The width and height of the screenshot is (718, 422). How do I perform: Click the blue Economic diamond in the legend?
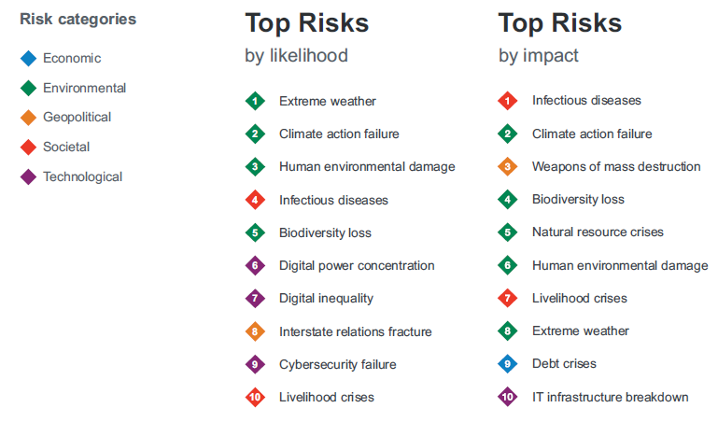click(x=28, y=58)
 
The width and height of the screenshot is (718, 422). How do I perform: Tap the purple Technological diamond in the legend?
click(x=28, y=176)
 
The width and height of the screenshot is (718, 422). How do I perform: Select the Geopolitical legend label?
click(x=77, y=118)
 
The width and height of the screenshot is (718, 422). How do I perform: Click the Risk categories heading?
click(x=77, y=20)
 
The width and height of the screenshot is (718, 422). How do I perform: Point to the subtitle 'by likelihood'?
click(x=296, y=55)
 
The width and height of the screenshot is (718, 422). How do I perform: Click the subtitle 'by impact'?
click(x=539, y=56)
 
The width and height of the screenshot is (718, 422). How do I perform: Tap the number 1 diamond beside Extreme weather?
click(x=255, y=101)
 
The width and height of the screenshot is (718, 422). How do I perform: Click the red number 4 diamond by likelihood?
click(x=255, y=200)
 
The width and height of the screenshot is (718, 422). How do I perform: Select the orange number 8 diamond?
click(x=255, y=331)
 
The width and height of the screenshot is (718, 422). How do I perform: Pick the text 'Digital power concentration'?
click(x=357, y=265)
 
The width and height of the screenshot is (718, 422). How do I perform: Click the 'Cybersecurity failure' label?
click(x=337, y=364)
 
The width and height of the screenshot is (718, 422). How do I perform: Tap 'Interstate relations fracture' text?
click(x=356, y=331)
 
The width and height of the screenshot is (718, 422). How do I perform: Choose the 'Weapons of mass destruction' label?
click(x=616, y=166)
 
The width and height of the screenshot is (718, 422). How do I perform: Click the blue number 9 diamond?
click(x=507, y=364)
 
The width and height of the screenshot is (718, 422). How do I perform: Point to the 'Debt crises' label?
click(x=564, y=363)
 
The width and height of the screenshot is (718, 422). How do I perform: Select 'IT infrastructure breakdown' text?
click(x=610, y=397)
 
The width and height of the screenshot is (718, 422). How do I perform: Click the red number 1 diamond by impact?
click(x=507, y=101)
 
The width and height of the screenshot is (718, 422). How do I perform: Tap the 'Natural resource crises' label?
click(x=598, y=232)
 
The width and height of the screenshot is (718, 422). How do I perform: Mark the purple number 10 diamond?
click(x=507, y=397)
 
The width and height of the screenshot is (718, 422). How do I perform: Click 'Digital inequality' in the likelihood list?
click(x=326, y=299)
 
